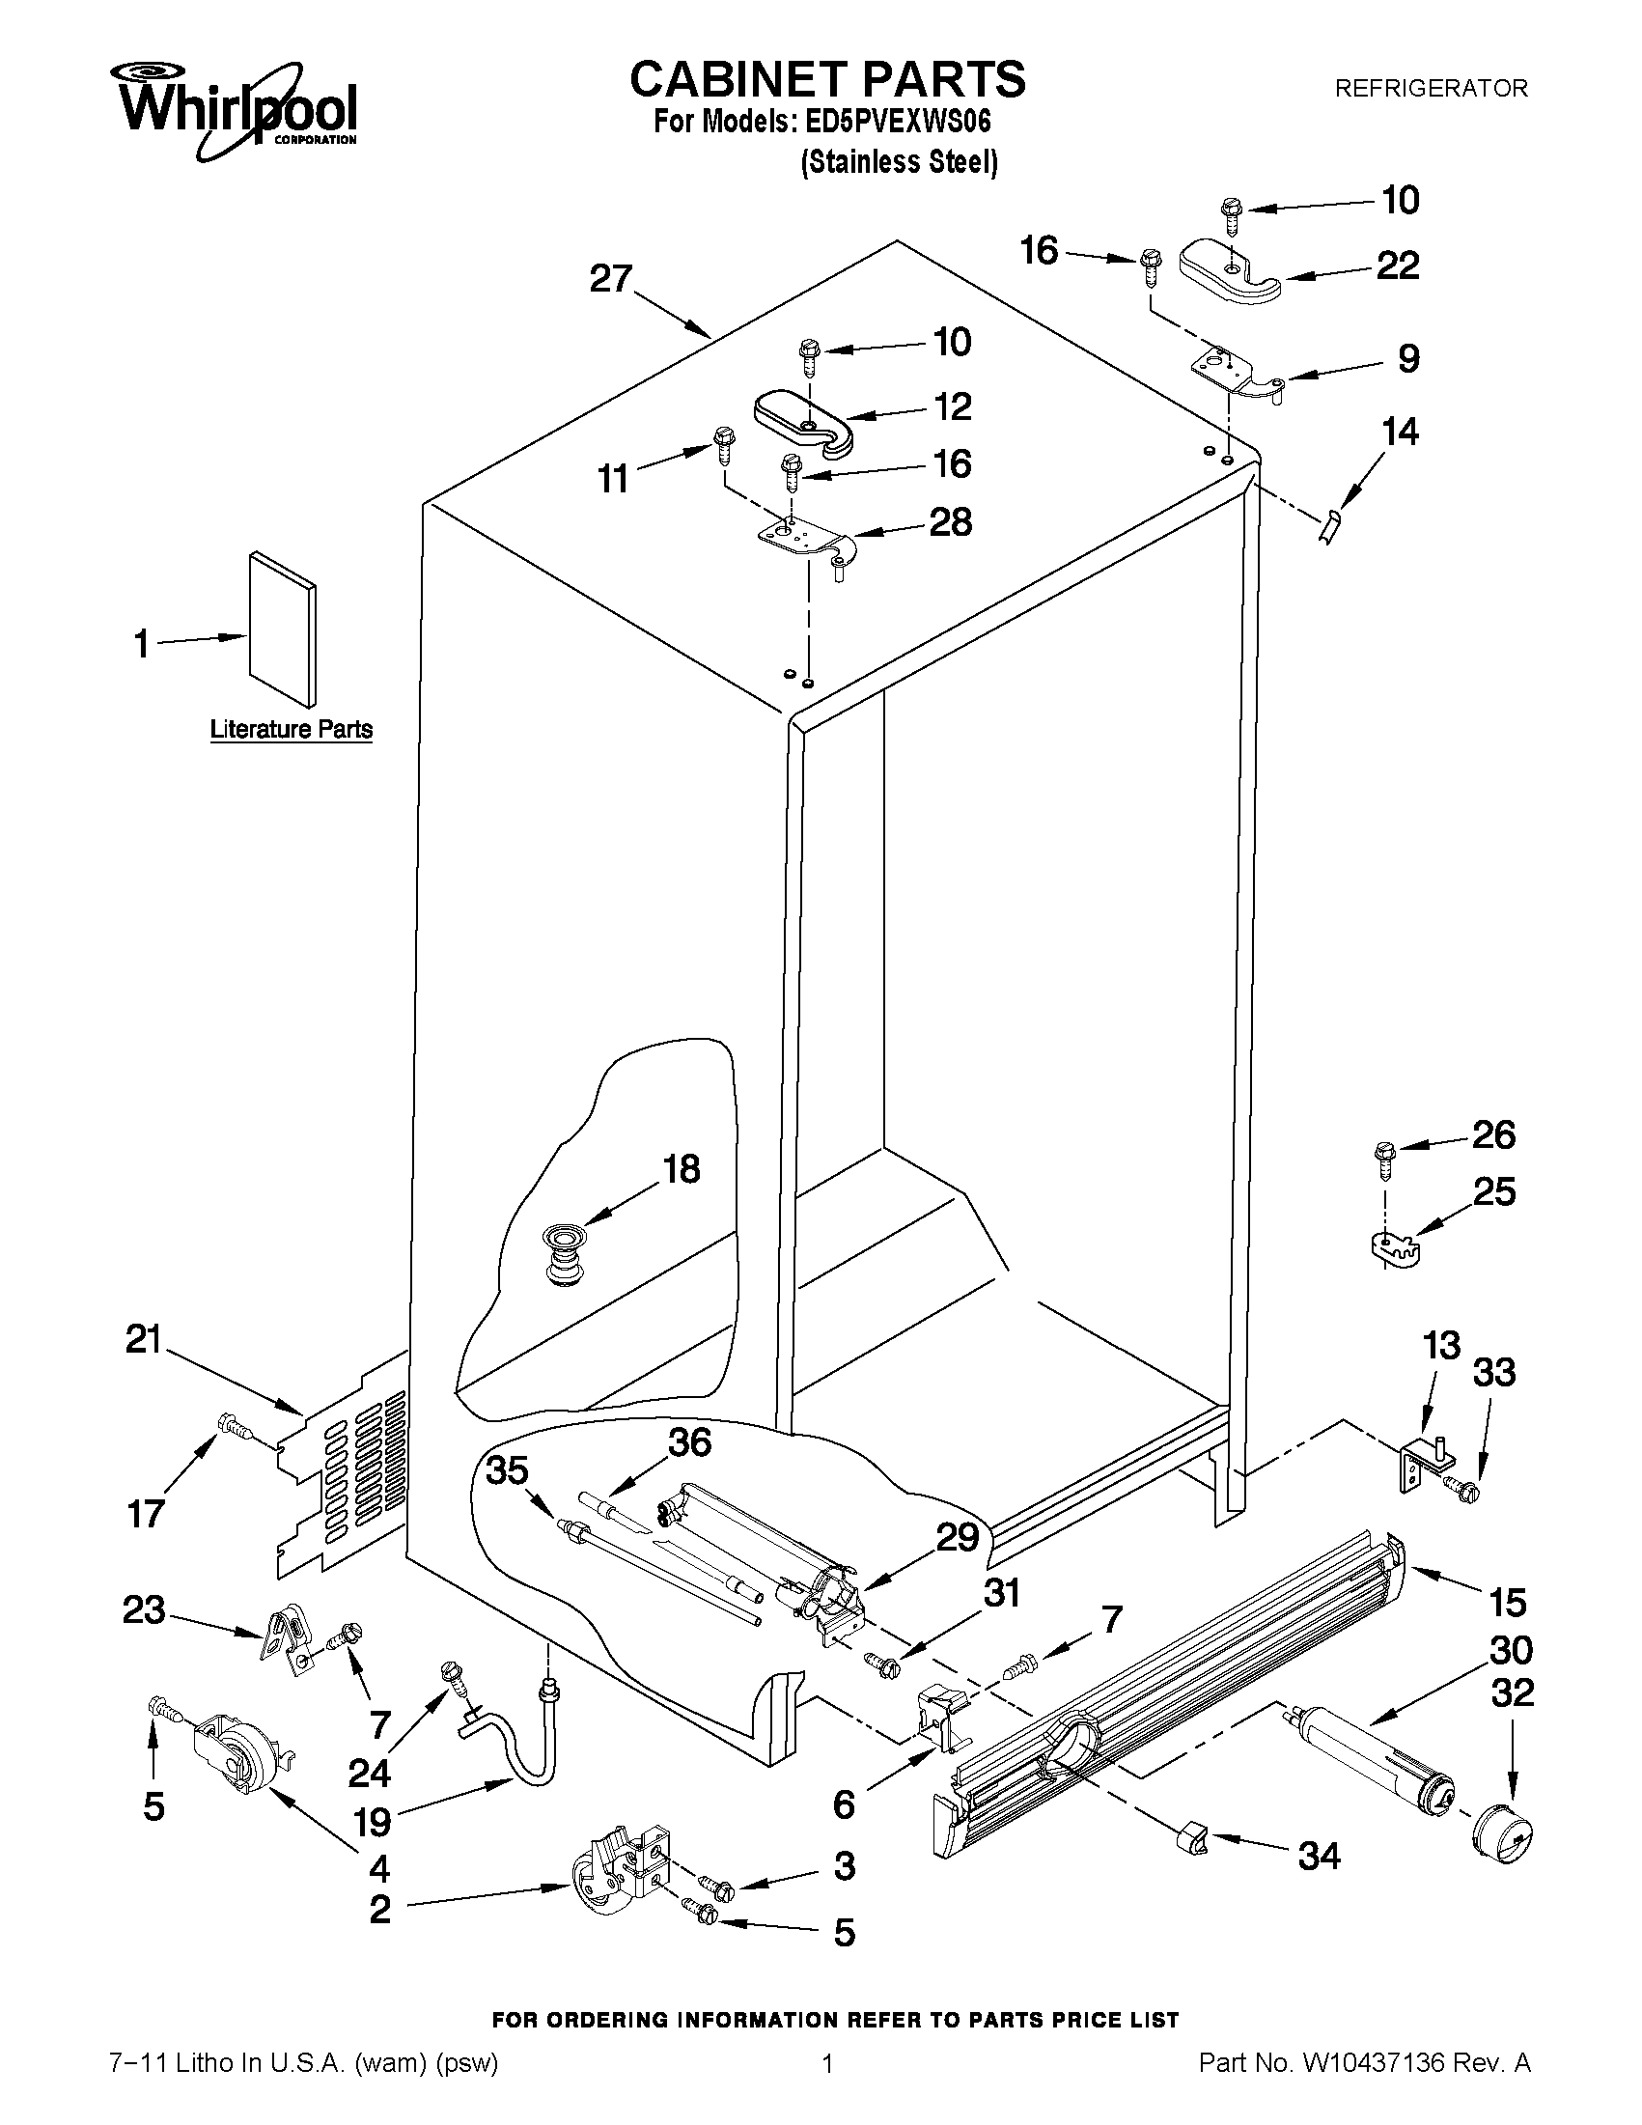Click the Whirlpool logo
pos(236,109)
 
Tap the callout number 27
pos(611,279)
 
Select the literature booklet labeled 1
pos(282,629)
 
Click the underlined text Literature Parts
pos(291,729)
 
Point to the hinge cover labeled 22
pos(1230,272)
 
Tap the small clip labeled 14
pos(1330,530)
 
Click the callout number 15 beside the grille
pos(1507,1602)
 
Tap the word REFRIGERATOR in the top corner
pos(1430,89)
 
